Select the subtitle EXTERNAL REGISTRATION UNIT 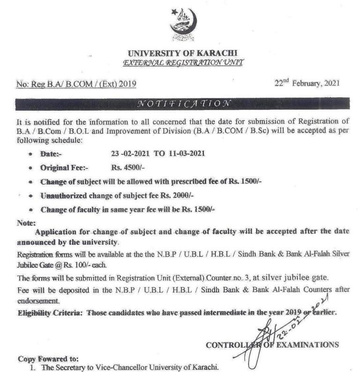[x=183, y=62]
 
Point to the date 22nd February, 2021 [x=306, y=83]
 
